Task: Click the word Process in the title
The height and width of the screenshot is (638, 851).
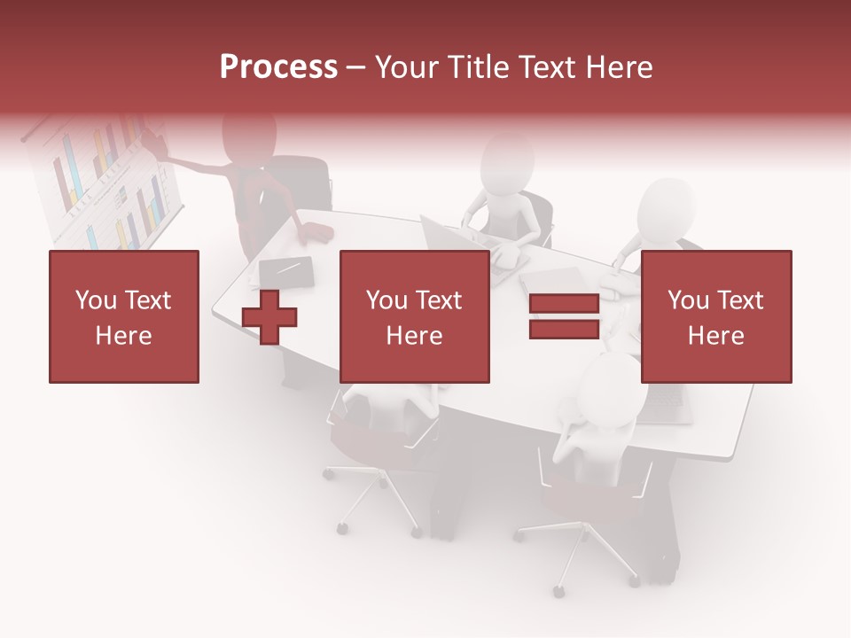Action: pyautogui.click(x=278, y=67)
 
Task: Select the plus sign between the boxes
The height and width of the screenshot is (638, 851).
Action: pyautogui.click(x=269, y=317)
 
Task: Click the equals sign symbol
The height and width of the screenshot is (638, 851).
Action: pyautogui.click(x=565, y=316)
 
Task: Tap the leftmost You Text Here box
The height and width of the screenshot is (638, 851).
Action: pyautogui.click(x=124, y=316)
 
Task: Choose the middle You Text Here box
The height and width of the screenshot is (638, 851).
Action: pyautogui.click(x=415, y=316)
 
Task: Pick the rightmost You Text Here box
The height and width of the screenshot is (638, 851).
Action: pyautogui.click(x=716, y=316)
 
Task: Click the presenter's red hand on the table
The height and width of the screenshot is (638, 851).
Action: pyautogui.click(x=316, y=234)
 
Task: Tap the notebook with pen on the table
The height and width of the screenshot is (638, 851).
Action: pyautogui.click(x=286, y=270)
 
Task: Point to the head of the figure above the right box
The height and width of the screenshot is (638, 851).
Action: pyautogui.click(x=667, y=207)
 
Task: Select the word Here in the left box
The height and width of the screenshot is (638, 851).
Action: pyautogui.click(x=124, y=336)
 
